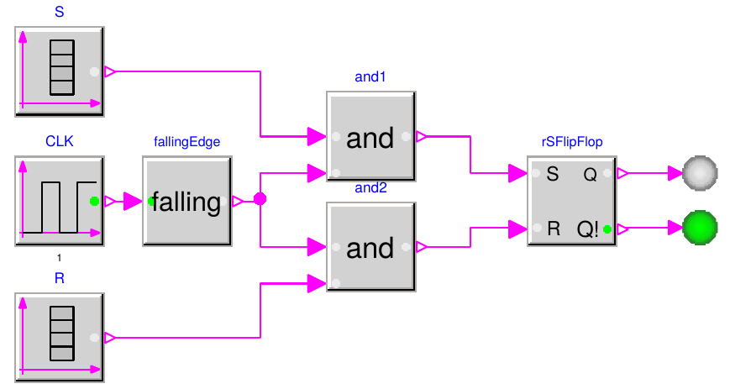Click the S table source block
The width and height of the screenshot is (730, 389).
59,71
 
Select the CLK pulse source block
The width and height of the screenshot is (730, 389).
59,201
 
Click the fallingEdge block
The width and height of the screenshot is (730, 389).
186,201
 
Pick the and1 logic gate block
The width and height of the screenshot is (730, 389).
370,137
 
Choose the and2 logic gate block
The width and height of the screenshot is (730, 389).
370,248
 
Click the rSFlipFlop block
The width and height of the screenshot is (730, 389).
572,201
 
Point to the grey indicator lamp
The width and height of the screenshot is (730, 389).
700,174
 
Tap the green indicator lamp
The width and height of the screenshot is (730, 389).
700,227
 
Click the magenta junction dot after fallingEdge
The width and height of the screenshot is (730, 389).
260,200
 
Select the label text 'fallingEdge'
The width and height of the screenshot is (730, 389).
186,142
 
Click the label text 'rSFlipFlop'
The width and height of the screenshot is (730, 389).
572,142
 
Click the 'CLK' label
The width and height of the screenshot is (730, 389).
59,142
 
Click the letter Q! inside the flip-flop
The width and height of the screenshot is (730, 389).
588,228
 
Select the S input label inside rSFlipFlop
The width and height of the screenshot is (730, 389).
552,175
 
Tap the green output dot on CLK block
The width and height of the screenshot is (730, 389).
94,201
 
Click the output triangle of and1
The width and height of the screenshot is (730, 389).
422,136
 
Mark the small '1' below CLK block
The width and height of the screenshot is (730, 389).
59,257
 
